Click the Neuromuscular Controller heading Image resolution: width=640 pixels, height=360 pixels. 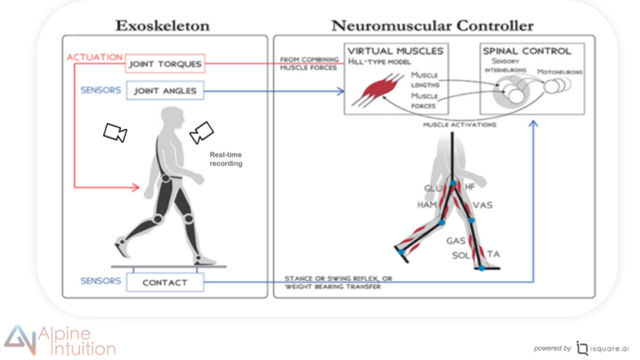pyautogui.click(x=433, y=25)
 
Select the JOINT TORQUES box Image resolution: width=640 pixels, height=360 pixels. pyautogui.click(x=166, y=64)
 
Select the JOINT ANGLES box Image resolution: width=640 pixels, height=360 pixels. pyautogui.click(x=166, y=92)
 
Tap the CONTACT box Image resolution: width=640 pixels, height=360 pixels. pyautogui.click(x=164, y=282)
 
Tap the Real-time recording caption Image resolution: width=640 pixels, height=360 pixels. pyautogui.click(x=225, y=159)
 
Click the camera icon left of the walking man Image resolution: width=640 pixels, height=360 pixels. pyautogui.click(x=114, y=131)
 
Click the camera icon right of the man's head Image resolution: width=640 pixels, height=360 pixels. pyautogui.click(x=202, y=131)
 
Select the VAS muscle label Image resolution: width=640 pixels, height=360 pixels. pyautogui.click(x=482, y=204)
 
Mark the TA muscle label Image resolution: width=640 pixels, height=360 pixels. pyautogui.click(x=493, y=252)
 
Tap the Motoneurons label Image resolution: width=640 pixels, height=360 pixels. pyautogui.click(x=560, y=72)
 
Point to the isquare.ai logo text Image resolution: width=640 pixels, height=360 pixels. pyautogui.click(x=607, y=347)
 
